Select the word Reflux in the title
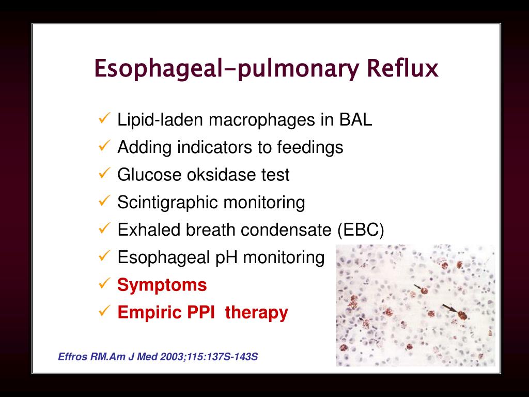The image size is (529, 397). point(402,68)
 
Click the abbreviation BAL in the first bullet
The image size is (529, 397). point(355,120)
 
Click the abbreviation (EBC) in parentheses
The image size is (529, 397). point(361,230)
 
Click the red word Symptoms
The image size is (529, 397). point(162,285)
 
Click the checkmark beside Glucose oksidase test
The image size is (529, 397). point(103,174)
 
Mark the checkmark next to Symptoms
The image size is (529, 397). point(103,284)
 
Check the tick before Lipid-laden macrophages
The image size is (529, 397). point(103,119)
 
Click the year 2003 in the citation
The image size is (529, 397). point(154,357)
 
